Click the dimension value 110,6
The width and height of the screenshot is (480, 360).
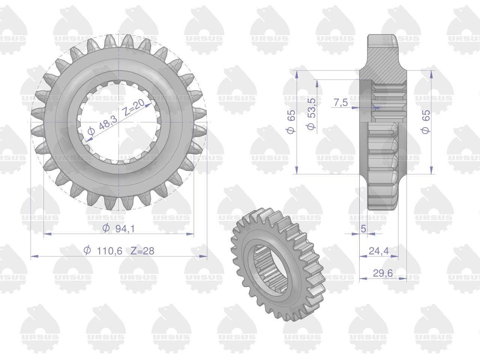coord(109,251)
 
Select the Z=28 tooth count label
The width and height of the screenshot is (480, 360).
coord(142,251)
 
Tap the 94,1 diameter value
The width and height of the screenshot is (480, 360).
coord(125,229)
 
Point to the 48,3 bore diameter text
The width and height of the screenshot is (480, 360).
coord(108,123)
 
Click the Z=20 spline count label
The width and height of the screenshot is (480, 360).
coord(134,108)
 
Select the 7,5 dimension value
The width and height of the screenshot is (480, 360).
coord(341,102)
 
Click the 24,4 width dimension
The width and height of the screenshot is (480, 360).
coord(379,251)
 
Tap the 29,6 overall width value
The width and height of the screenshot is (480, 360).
coord(383,273)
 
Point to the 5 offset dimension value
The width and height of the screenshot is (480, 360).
coord(363,229)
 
